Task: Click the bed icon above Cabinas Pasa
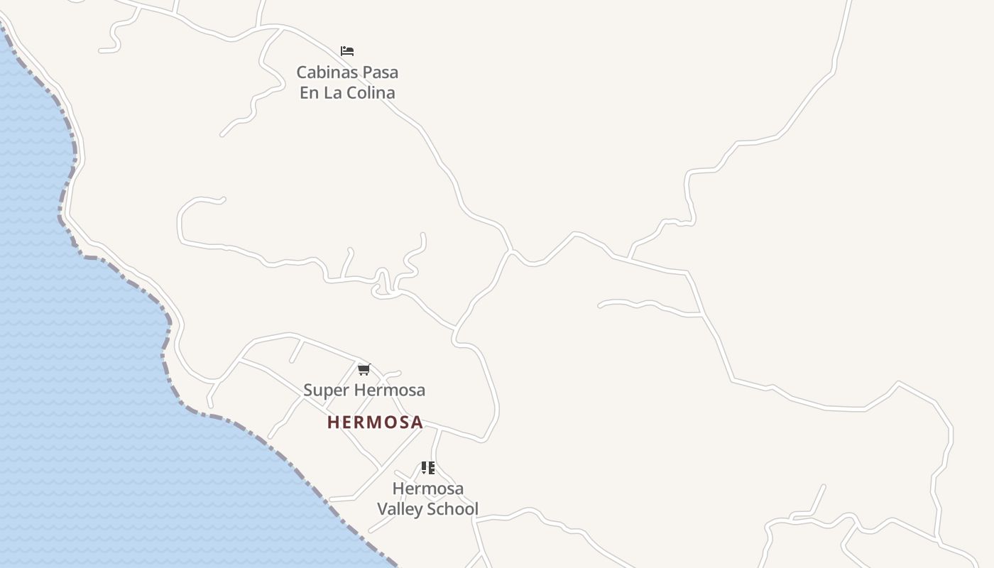click(x=347, y=51)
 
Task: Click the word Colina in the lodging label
click(x=371, y=93)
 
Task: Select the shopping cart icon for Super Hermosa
click(x=364, y=369)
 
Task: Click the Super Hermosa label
click(x=364, y=390)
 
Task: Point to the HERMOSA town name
click(x=375, y=422)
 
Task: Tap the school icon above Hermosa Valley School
click(x=427, y=468)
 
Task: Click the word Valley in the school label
click(x=400, y=509)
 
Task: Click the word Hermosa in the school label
click(x=427, y=488)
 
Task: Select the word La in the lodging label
click(x=333, y=93)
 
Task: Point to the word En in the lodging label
click(x=309, y=93)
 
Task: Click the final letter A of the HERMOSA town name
click(x=417, y=422)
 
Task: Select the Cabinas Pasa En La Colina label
click(x=347, y=82)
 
